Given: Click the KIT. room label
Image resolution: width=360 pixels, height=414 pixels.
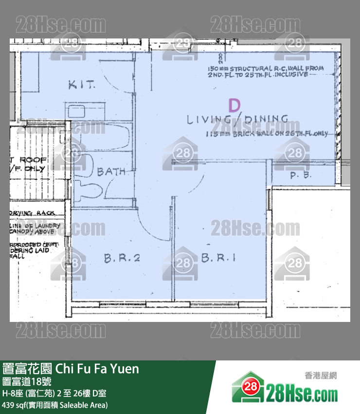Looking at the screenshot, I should (x=81, y=85).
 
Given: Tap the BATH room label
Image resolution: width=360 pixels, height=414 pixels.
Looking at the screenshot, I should (x=111, y=171).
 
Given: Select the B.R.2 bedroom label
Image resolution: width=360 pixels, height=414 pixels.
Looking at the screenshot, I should (x=122, y=258).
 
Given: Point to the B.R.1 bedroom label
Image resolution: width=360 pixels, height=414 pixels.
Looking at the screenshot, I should (x=218, y=258).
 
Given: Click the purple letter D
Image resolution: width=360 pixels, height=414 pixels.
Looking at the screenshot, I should (x=234, y=105).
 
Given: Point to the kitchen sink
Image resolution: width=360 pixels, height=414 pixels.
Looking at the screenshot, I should (x=77, y=112).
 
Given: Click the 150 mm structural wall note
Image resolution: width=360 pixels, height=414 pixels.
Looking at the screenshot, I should (x=265, y=72).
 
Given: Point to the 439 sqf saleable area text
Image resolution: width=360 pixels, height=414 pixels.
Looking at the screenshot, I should (x=55, y=404).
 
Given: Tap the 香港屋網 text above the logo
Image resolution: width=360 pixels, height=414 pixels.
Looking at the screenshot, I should (x=321, y=375).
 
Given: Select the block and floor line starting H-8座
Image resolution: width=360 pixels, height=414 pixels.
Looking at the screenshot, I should (x=54, y=393).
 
